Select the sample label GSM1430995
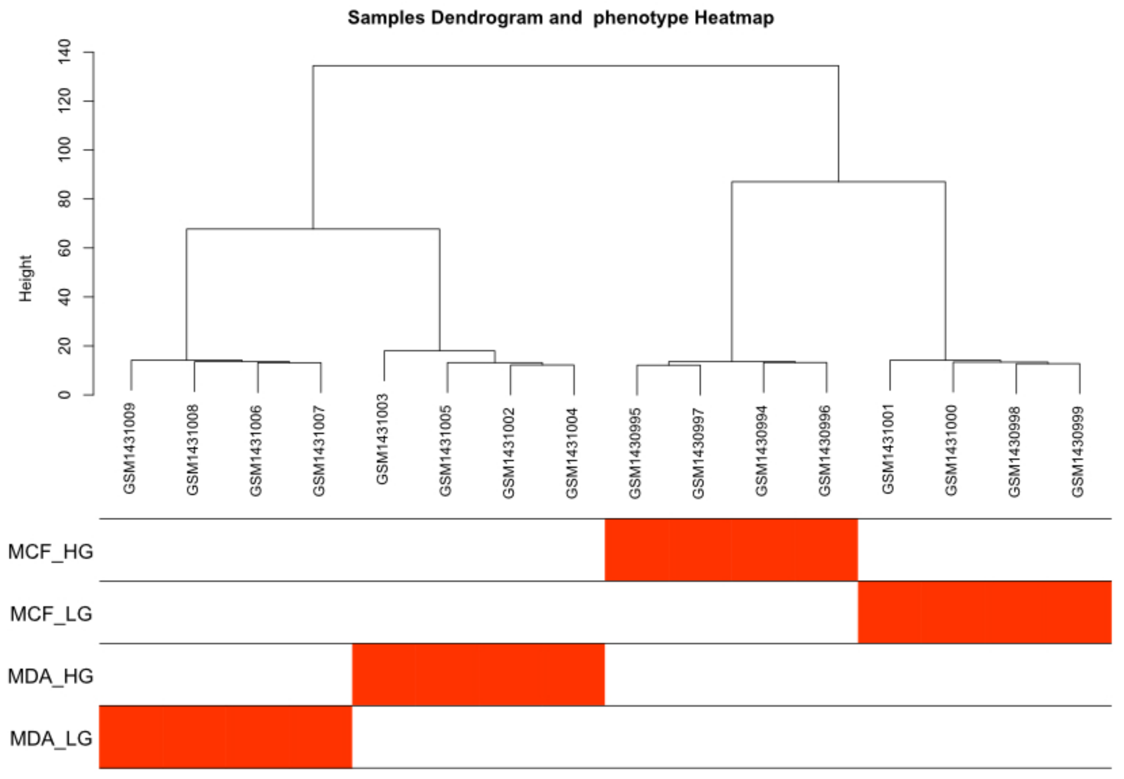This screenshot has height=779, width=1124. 635,453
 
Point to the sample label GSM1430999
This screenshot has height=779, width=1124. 1078,452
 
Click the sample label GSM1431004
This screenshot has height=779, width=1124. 572,453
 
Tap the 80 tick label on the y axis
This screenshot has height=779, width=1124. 64,199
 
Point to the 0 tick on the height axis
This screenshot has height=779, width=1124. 64,394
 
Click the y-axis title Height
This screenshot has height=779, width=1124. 26,278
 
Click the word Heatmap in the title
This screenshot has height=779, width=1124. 734,18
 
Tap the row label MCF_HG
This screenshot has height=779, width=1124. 51,552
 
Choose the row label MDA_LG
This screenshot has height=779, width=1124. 51,738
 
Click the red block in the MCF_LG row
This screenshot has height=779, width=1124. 985,612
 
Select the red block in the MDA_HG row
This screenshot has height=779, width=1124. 478,675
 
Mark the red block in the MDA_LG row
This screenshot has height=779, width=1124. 226,737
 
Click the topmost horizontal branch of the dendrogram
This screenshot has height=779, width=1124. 576,66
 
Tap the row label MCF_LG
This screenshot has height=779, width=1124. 51,614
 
